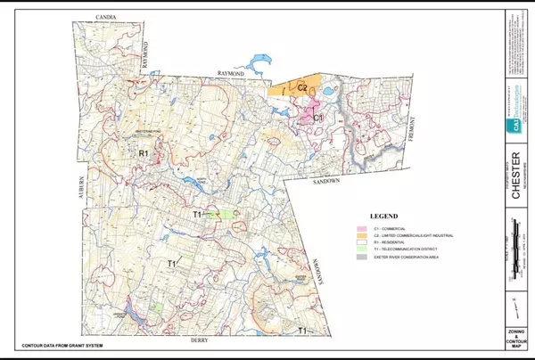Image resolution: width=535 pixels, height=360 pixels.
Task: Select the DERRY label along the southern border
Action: click(x=198, y=340)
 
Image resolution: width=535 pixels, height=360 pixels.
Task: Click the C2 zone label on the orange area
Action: click(x=302, y=87)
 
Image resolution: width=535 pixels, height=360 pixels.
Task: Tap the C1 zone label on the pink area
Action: click(x=317, y=115)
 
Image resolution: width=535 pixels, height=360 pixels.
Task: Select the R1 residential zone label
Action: click(x=143, y=155)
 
